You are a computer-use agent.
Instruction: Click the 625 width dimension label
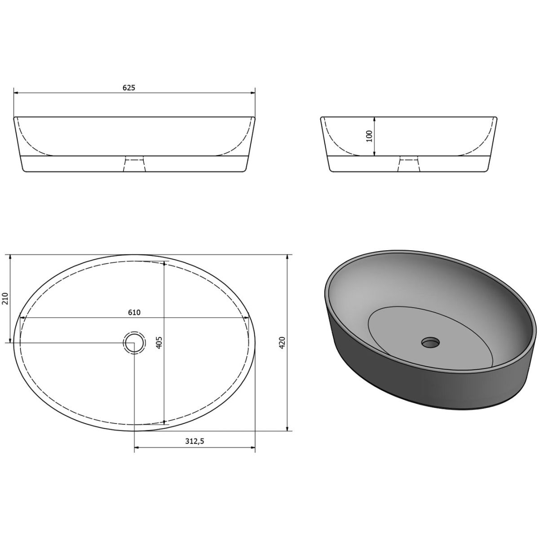click(x=128, y=88)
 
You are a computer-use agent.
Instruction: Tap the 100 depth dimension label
click(x=370, y=136)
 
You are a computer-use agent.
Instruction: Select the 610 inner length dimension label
click(x=134, y=313)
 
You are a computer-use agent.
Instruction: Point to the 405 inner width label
click(x=159, y=343)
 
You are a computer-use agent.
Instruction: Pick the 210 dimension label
click(x=5, y=298)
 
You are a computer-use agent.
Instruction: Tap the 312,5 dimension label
click(x=194, y=441)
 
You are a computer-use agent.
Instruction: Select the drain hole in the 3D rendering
click(x=430, y=342)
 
